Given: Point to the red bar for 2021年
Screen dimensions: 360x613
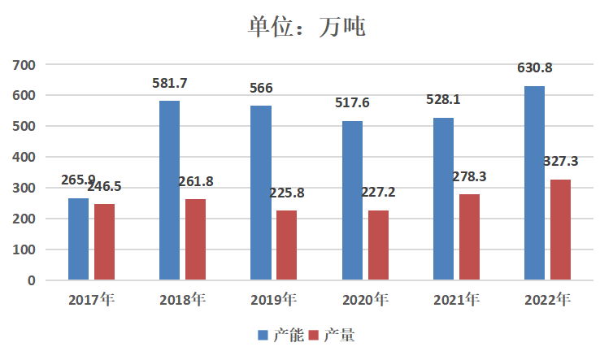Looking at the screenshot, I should [469, 237].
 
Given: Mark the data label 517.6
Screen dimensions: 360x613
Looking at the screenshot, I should [352, 103].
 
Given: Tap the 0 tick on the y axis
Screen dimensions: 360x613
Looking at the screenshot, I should [32, 280].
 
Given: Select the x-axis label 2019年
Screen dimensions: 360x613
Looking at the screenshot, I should [273, 301].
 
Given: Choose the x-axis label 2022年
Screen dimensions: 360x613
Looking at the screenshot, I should [547, 301].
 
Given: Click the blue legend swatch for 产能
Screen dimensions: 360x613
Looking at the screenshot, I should [263, 335].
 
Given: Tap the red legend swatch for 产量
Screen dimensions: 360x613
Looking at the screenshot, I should [313, 335].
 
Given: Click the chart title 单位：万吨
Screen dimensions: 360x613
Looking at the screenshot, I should [306, 26].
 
